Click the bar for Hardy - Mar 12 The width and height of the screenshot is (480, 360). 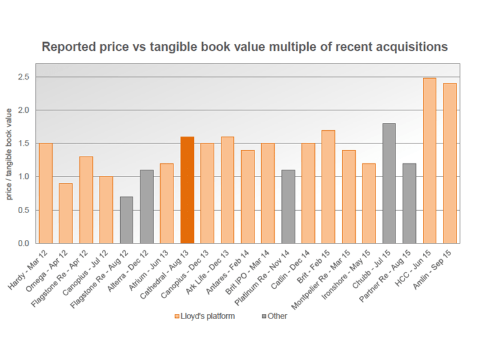tap(46, 193)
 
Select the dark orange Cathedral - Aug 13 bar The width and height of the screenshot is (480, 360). tap(187, 190)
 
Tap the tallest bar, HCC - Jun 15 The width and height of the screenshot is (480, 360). tap(430, 161)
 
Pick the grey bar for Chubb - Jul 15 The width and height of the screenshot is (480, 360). tap(389, 183)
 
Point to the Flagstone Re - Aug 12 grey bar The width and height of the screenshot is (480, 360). tap(127, 220)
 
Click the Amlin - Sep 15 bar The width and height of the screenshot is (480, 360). tap(450, 163)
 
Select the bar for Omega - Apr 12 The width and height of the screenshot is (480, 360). tap(66, 213)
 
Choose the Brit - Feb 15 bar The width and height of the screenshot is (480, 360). tap(328, 187)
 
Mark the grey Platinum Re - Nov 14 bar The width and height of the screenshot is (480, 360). tap(288, 206)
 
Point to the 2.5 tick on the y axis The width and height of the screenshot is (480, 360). tap(23, 77)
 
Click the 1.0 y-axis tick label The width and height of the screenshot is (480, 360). tap(23, 176)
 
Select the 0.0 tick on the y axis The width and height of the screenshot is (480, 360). tap(23, 243)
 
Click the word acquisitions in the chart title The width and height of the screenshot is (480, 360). tap(412, 46)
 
